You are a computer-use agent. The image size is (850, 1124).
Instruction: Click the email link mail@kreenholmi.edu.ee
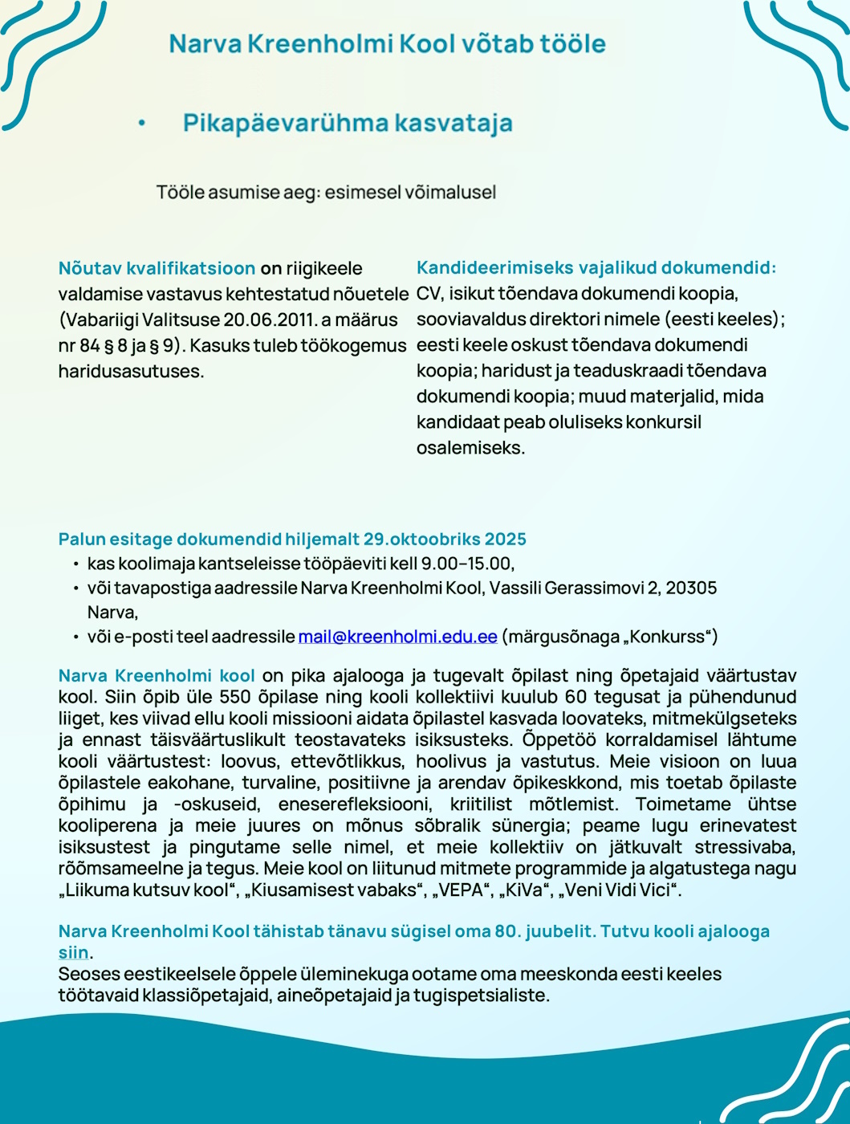click(x=398, y=637)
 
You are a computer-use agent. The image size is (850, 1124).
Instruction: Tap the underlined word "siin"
click(x=73, y=953)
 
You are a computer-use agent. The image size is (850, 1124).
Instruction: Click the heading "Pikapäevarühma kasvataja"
click(x=348, y=123)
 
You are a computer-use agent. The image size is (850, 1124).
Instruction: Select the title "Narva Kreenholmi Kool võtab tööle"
click(x=387, y=43)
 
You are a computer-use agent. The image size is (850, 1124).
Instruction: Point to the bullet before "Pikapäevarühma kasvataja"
click(x=141, y=124)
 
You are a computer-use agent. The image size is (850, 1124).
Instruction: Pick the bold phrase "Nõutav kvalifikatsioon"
click(x=157, y=268)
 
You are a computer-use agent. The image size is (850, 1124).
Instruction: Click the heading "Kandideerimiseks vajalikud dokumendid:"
click(x=596, y=268)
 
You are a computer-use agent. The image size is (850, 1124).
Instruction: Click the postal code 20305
click(x=691, y=588)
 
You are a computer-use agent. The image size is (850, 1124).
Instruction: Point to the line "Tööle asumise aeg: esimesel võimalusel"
click(x=326, y=193)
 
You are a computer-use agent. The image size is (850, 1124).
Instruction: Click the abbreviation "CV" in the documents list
click(x=428, y=294)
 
